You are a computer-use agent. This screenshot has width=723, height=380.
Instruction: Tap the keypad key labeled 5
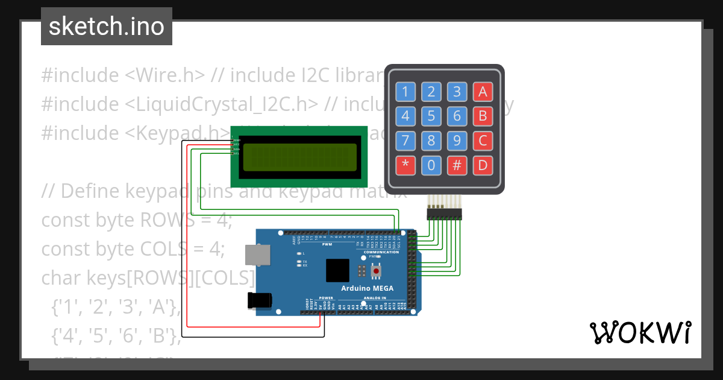pyautogui.click(x=431, y=115)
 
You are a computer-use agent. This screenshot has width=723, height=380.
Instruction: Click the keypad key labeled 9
pyautogui.click(x=457, y=141)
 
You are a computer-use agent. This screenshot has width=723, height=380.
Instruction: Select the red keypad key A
pyautogui.click(x=483, y=92)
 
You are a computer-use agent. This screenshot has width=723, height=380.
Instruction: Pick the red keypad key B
pyautogui.click(x=483, y=115)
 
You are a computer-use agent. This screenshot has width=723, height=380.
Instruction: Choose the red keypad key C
pyautogui.click(x=483, y=141)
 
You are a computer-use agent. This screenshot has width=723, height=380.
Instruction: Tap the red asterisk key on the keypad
pyautogui.click(x=405, y=165)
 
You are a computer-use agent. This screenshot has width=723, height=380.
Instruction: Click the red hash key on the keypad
pyautogui.click(x=457, y=165)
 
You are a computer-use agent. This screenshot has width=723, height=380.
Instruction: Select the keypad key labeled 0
pyautogui.click(x=431, y=165)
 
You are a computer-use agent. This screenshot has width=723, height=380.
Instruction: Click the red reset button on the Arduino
pyautogui.click(x=377, y=271)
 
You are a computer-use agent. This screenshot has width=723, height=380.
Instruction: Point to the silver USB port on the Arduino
pyautogui.click(x=258, y=255)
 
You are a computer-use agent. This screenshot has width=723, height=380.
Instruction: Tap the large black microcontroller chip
pyautogui.click(x=338, y=271)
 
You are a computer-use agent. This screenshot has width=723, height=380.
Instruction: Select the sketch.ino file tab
pyautogui.click(x=107, y=27)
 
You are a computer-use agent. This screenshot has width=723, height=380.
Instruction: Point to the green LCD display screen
pyautogui.click(x=299, y=157)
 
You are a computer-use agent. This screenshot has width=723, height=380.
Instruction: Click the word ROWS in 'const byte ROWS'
pyautogui.click(x=160, y=220)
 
